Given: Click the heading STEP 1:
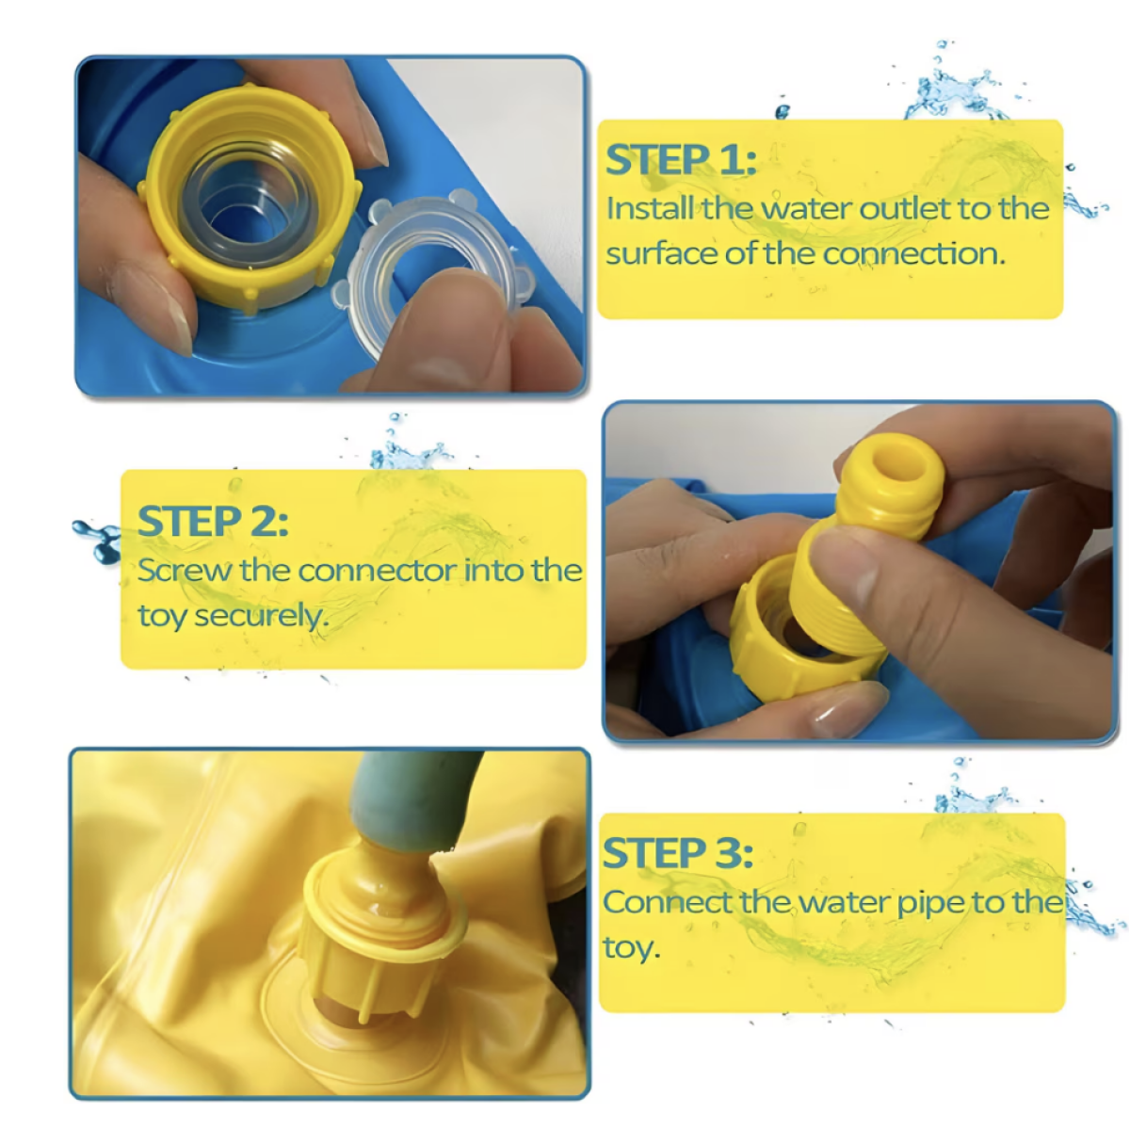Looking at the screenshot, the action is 681,159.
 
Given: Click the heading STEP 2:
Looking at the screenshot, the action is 213,521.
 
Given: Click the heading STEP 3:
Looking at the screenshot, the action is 678,853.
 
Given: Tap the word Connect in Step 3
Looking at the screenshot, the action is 668,902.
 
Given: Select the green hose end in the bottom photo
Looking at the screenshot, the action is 413,800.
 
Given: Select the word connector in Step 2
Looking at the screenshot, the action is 377,571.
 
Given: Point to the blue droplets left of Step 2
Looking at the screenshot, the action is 98,541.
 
